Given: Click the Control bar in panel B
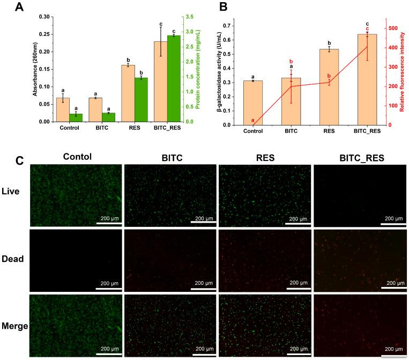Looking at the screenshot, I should click(252, 103).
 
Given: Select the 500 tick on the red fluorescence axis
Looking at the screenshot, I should click(393, 28).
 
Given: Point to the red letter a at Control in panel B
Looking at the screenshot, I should click(252, 120).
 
